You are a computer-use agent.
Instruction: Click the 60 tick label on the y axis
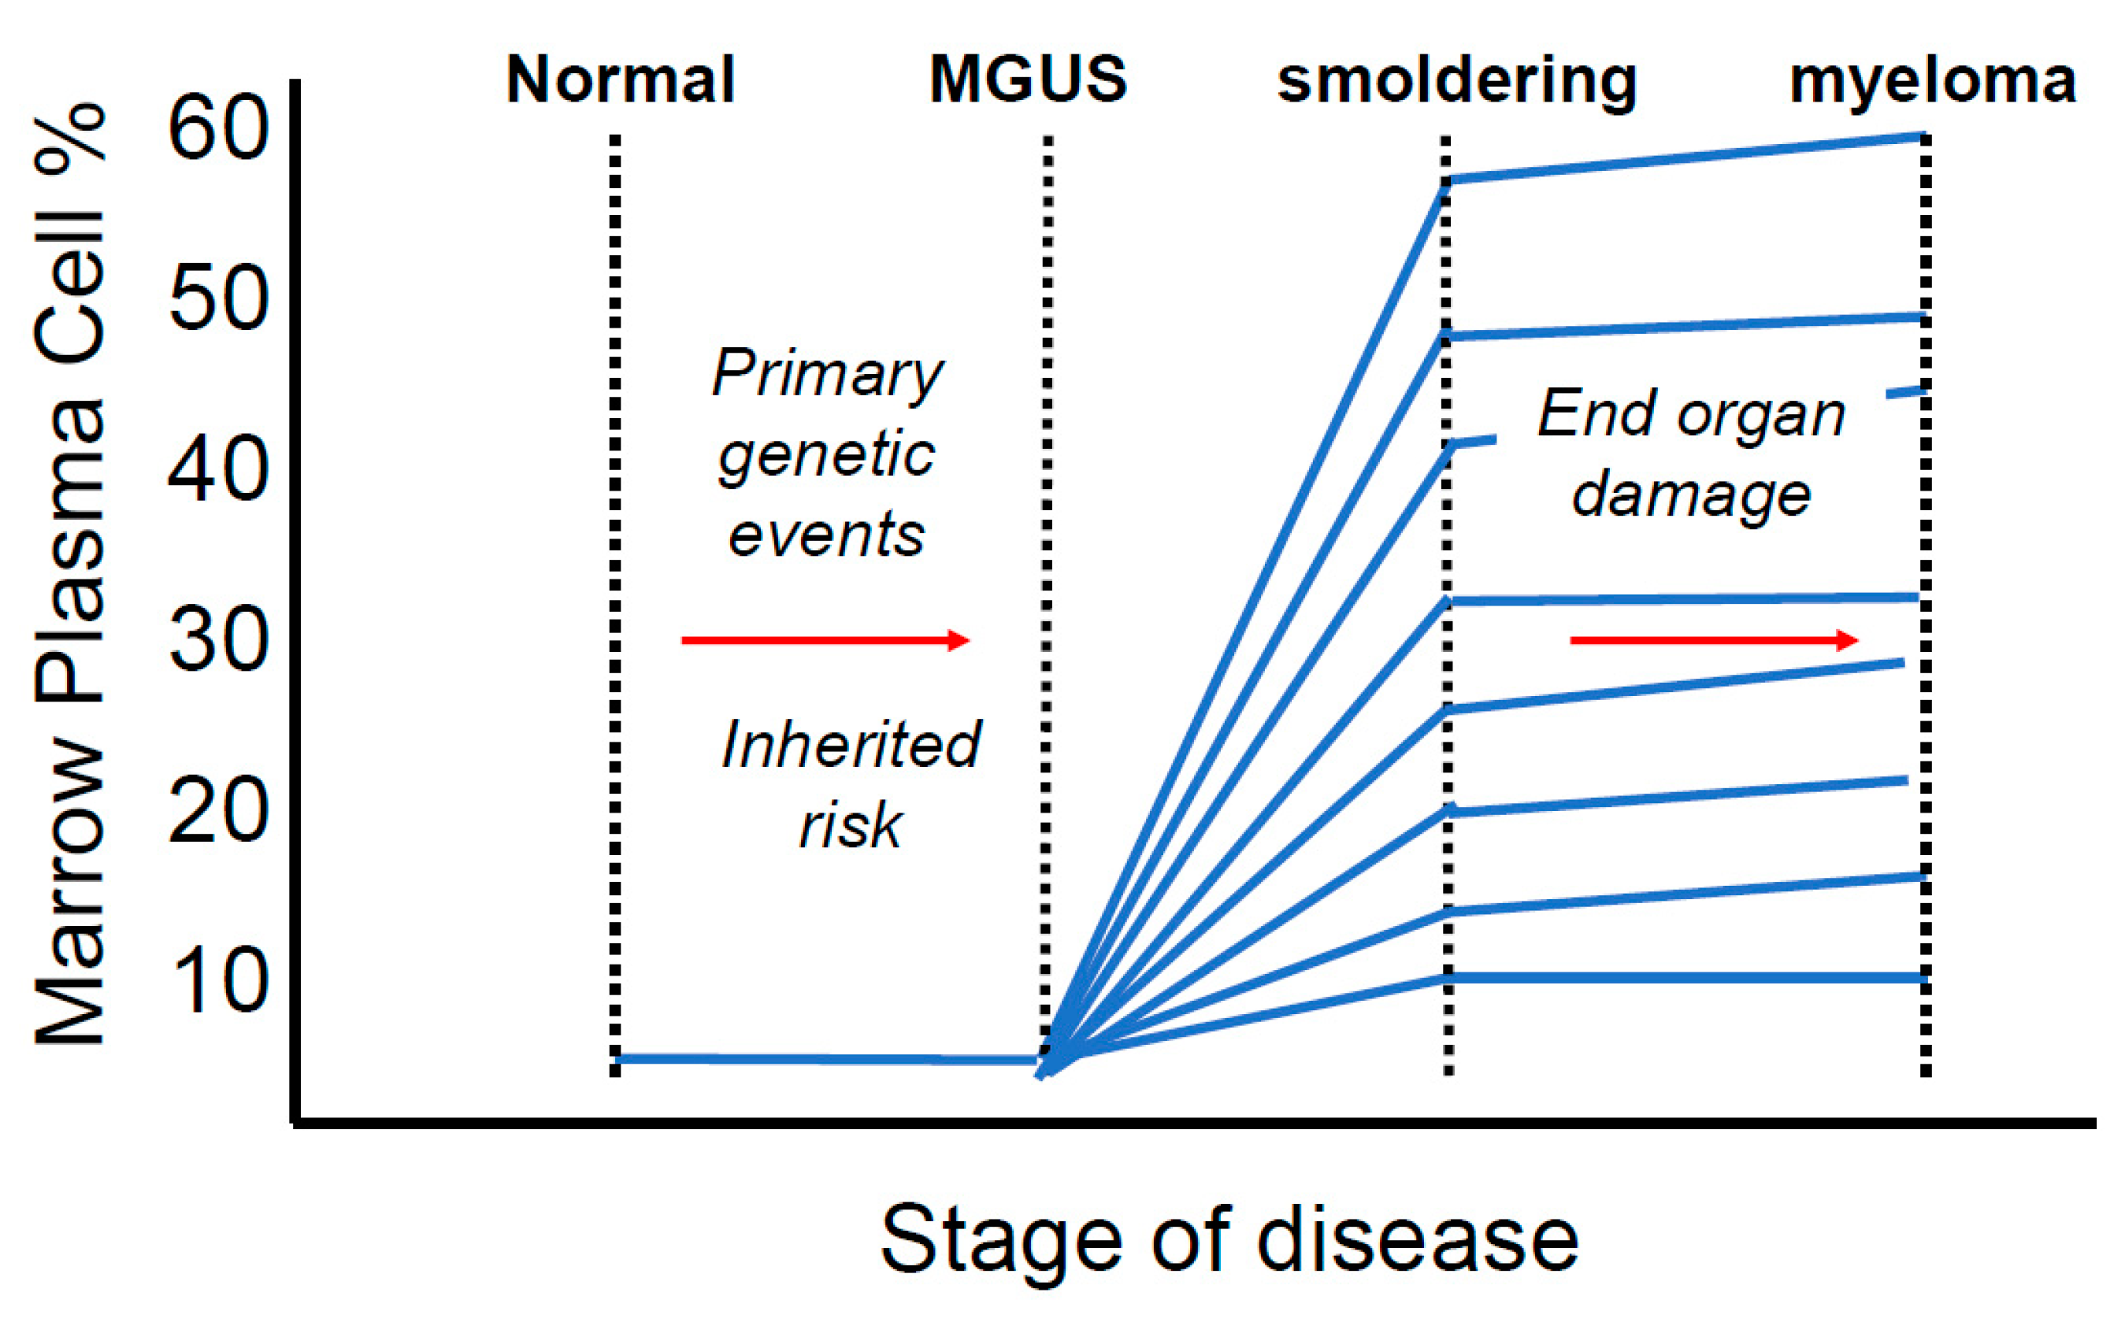point(217,128)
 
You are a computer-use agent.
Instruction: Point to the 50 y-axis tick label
point(217,299)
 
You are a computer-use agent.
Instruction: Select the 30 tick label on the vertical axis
point(217,641)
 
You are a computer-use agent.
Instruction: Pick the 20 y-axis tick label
point(217,811)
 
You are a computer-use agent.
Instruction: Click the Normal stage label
point(620,80)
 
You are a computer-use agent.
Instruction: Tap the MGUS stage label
point(1028,80)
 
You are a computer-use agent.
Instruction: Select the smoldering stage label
point(1456,83)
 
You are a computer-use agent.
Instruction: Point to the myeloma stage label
point(1933,83)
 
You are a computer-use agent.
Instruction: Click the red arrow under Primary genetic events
point(825,641)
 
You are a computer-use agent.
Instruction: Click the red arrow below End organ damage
point(1714,641)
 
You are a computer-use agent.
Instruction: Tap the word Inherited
point(851,745)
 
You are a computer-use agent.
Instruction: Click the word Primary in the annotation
point(827,374)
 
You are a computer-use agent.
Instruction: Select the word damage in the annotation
point(1691,496)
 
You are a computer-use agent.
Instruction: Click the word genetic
point(826,454)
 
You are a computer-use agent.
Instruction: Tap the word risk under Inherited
point(850,824)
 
